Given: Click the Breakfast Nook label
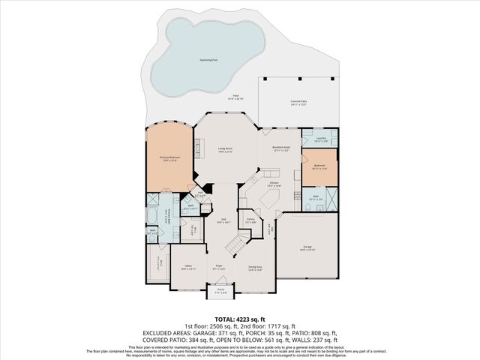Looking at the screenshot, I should [x=282, y=149].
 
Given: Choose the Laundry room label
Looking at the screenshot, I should [x=320, y=139].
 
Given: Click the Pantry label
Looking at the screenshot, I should [x=250, y=221].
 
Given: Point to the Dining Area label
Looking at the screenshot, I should [x=254, y=267].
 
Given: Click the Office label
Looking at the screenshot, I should [x=188, y=266].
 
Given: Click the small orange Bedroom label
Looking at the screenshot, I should [x=320, y=165].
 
